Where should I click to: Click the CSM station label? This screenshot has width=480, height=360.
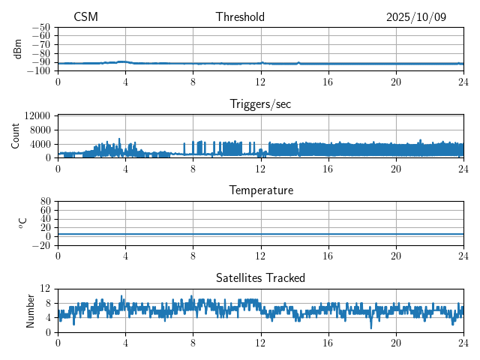pyautogui.click(x=85, y=17)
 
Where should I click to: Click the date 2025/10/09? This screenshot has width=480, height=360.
pyautogui.click(x=416, y=17)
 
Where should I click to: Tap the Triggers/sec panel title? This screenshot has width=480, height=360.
pyautogui.click(x=260, y=104)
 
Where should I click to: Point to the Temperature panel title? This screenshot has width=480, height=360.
pyautogui.click(x=260, y=190)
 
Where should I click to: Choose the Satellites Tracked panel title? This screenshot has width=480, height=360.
pyautogui.click(x=260, y=277)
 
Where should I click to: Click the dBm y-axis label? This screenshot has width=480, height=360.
pyautogui.click(x=17, y=49)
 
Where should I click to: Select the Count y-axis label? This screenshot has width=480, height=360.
pyautogui.click(x=16, y=136)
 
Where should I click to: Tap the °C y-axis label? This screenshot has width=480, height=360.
pyautogui.click(x=22, y=223)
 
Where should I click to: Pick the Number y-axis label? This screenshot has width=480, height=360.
pyautogui.click(x=31, y=310)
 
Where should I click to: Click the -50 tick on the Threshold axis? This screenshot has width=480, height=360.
pyautogui.click(x=40, y=27)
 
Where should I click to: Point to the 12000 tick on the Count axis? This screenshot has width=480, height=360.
pyautogui.click(x=37, y=116)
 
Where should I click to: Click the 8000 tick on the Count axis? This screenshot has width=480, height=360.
pyautogui.click(x=40, y=130)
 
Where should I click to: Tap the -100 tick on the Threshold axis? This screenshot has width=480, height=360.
pyautogui.click(x=38, y=71)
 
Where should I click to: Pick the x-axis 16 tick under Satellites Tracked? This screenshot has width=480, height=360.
pyautogui.click(x=328, y=343)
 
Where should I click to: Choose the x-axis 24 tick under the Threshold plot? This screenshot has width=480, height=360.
pyautogui.click(x=463, y=82)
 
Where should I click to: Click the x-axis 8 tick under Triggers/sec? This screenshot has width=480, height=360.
pyautogui.click(x=193, y=169)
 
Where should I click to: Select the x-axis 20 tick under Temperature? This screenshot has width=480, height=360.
pyautogui.click(x=395, y=256)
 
